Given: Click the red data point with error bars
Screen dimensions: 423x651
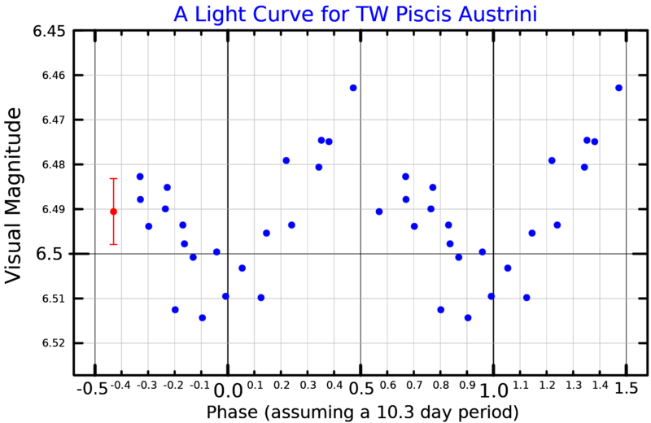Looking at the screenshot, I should (114, 211).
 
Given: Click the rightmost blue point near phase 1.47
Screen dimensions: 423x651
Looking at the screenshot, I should (619, 88).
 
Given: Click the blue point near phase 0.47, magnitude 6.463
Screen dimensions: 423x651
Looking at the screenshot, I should (353, 88).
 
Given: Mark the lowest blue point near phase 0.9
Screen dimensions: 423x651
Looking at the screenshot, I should (468, 317).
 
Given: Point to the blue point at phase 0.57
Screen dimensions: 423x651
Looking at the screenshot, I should (379, 211).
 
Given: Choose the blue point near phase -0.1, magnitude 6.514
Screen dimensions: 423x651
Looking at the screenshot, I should (202, 317).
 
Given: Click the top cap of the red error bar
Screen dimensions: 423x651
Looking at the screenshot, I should (114, 178).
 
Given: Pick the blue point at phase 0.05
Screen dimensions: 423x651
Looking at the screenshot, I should (242, 268).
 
